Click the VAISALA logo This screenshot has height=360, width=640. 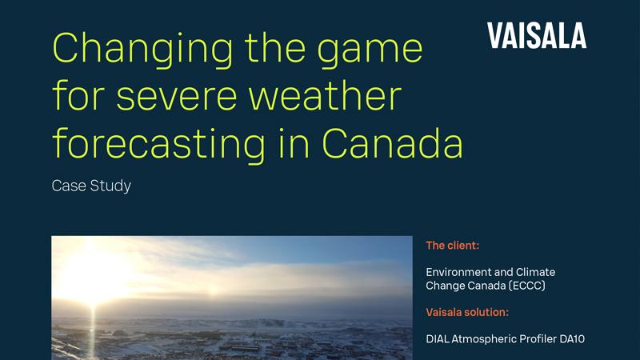coord(536,35)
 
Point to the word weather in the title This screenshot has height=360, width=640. coord(333,97)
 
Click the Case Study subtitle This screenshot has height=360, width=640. coord(91,186)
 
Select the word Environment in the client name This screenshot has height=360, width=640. coord(462,273)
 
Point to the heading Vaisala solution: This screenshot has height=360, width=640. coord(467,312)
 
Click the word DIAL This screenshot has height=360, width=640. coord(438,339)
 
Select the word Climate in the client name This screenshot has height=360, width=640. coord(534,273)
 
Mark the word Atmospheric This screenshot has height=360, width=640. coord(482,339)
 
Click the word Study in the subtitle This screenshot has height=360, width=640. coord(113,186)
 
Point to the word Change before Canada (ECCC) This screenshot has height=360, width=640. coord(446,286)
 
